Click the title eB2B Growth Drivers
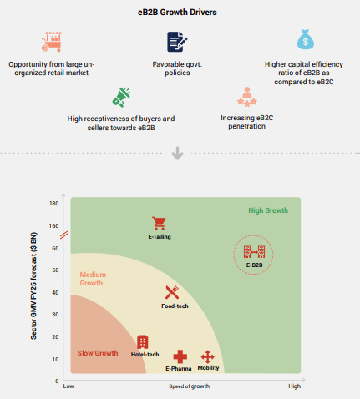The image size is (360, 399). click(x=177, y=13)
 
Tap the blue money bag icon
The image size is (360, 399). click(x=306, y=39)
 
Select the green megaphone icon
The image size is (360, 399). click(x=121, y=98)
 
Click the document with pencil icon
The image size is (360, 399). click(x=177, y=42)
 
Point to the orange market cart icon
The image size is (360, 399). click(x=52, y=42)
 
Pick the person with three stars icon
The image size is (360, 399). click(x=247, y=97)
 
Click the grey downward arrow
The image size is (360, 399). click(x=177, y=153)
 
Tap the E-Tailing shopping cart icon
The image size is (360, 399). click(x=159, y=223)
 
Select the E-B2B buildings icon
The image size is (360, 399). click(x=254, y=251)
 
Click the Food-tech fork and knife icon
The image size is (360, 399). click(x=172, y=292)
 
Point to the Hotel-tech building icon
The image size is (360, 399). click(x=143, y=342)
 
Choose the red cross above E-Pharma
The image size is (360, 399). click(x=180, y=356)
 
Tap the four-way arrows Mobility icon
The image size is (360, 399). click(x=208, y=356)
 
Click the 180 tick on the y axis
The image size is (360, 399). click(x=54, y=204)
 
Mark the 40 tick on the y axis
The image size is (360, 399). click(x=55, y=292)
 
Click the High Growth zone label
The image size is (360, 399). click(x=268, y=210)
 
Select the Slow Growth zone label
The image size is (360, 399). click(x=98, y=353)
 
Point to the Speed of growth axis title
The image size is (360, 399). click(x=190, y=386)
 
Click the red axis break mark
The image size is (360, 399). click(x=64, y=235)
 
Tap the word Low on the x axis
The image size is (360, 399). click(x=68, y=386)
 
